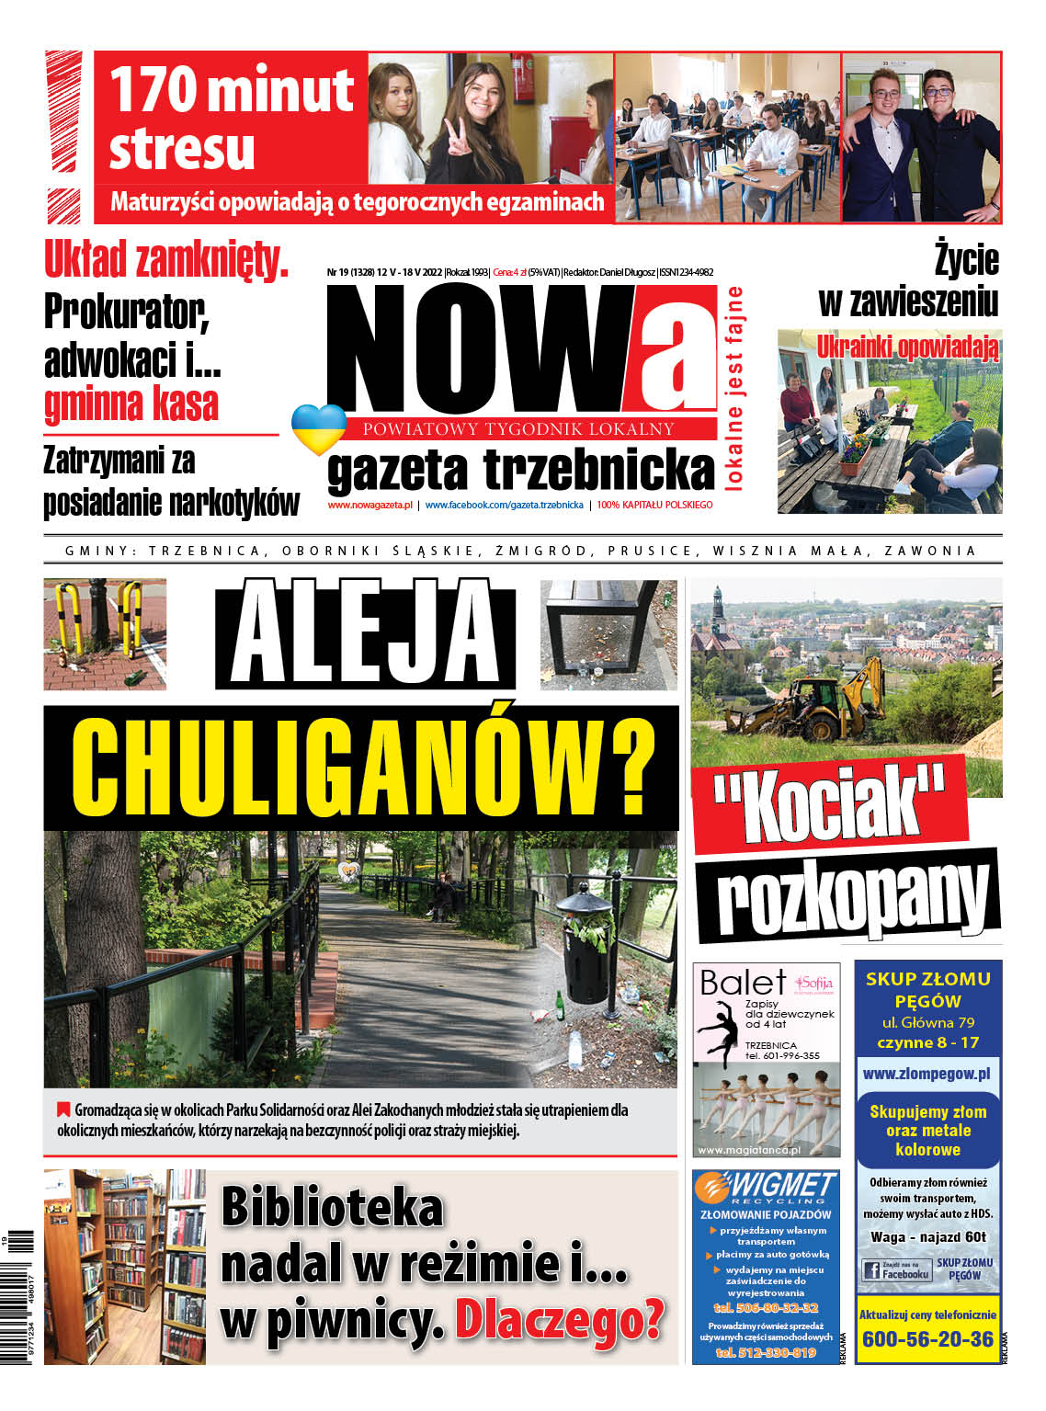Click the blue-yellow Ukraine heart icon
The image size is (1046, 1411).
click(318, 428)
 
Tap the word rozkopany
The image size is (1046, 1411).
click(850, 894)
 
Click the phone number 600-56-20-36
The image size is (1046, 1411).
click(927, 1338)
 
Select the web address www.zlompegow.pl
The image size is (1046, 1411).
click(927, 1073)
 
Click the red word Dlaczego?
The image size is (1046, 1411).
click(559, 1320)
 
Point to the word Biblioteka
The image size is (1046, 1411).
click(332, 1207)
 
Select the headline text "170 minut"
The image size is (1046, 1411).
click(232, 90)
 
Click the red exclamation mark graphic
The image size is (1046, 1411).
click(63, 136)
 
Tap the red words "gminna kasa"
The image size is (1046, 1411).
click(131, 404)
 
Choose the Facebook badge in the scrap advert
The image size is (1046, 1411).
click(896, 1271)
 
